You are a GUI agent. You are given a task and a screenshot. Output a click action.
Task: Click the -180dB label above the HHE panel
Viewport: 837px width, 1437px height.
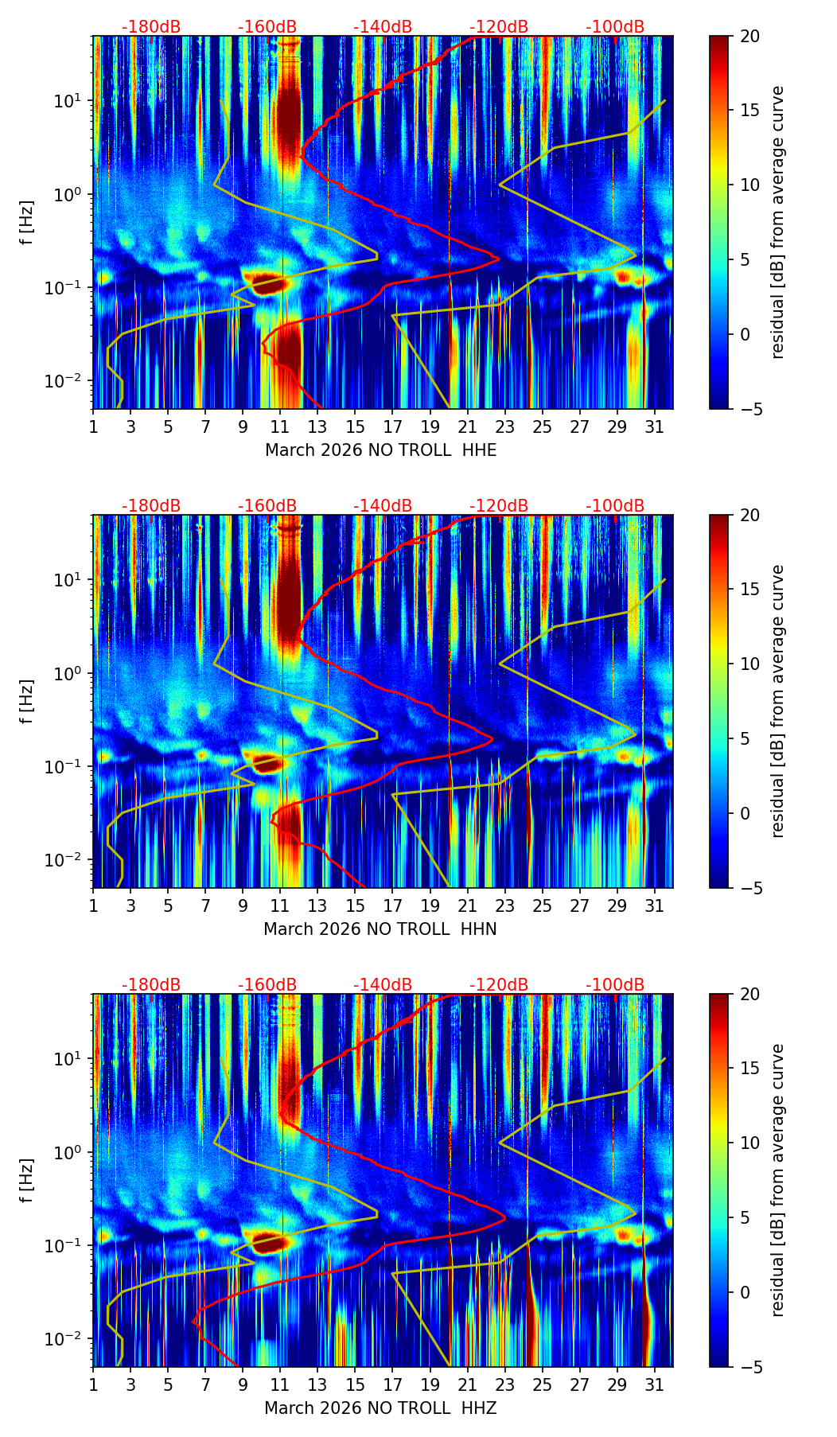tap(151, 27)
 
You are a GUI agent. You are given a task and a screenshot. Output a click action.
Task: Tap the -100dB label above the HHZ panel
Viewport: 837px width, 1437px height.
tap(615, 985)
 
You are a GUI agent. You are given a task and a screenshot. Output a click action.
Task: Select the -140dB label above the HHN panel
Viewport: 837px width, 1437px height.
tap(383, 506)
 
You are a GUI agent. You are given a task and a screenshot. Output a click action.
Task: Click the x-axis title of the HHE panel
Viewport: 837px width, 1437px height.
tap(380, 450)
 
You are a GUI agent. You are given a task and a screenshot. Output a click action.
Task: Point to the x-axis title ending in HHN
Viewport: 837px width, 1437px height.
tap(380, 929)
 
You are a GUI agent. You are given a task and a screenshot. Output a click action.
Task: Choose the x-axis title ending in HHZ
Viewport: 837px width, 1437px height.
tap(380, 1408)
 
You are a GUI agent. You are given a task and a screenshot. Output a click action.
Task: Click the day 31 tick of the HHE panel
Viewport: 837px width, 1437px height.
tap(654, 427)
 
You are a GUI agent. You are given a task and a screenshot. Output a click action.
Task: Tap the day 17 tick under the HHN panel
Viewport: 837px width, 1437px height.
tap(392, 906)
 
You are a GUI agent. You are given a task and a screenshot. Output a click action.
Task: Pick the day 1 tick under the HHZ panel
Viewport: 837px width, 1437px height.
tap(93, 1385)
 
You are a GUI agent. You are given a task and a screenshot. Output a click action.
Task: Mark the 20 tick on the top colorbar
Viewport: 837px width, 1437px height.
tap(749, 36)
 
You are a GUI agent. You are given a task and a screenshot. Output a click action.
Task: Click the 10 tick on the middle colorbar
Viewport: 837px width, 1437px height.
tap(749, 664)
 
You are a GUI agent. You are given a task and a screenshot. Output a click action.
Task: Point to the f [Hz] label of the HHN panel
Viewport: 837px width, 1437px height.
tap(28, 701)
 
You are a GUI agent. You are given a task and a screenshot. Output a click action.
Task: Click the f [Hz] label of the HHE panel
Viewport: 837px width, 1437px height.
tap(28, 222)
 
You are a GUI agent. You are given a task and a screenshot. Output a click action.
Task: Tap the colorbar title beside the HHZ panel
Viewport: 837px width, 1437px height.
tap(777, 1180)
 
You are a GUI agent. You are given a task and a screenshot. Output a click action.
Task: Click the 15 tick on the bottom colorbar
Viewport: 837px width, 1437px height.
tap(749, 1069)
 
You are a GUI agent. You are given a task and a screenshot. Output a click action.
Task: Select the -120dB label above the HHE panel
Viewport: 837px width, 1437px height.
tap(499, 27)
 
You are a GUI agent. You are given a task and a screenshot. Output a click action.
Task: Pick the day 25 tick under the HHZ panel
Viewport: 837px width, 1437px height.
tap(542, 1385)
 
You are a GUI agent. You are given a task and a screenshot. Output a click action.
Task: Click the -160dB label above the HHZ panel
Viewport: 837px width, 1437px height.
tap(267, 985)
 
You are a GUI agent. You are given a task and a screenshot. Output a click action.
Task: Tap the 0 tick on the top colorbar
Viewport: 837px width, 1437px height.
tap(749, 334)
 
